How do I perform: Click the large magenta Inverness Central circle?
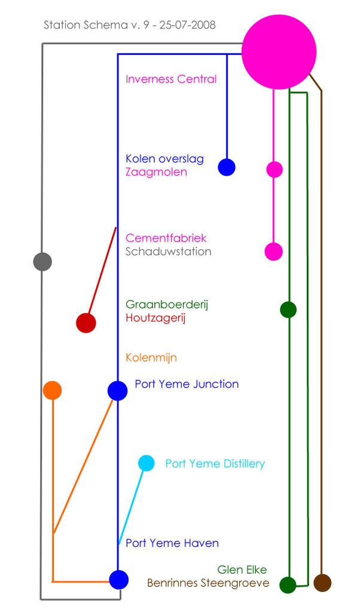coord(279,53)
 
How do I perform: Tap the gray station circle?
coord(42,262)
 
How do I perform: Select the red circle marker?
coord(86,323)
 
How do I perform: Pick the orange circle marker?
coord(52,390)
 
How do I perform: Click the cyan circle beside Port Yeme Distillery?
coord(147,463)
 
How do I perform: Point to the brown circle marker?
coord(322,583)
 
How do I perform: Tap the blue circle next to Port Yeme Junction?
coord(118,391)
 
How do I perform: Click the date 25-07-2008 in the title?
coord(187,25)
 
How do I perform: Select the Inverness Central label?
coord(171,79)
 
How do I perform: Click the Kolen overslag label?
coord(164,159)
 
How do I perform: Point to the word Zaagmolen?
coord(156,172)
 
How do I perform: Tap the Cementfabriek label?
coord(166,238)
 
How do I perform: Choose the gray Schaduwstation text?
coord(168,252)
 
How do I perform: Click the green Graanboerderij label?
coord(167,304)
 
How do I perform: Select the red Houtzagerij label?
coord(155,318)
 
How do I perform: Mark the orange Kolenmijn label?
coord(151,357)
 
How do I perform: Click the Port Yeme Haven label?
coord(172,543)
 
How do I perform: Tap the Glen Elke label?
coord(242,570)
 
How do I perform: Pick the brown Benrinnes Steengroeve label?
coord(208,583)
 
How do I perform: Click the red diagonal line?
coord(102,271)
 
